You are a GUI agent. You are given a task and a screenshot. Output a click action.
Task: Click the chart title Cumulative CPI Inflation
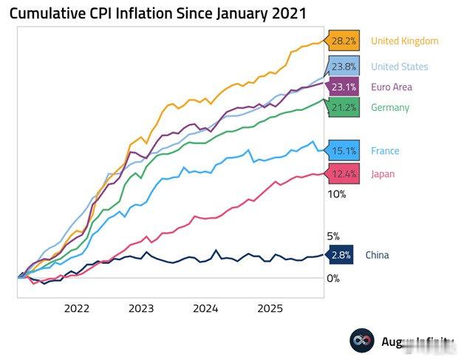click(x=157, y=14)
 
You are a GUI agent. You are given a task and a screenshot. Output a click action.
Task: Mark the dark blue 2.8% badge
click(x=340, y=255)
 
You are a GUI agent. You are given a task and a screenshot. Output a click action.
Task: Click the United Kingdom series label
click(x=404, y=41)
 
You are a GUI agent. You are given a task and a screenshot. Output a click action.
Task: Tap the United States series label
click(x=399, y=67)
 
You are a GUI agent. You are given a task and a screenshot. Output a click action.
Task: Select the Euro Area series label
click(x=392, y=86)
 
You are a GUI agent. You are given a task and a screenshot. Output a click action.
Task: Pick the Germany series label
click(x=390, y=107)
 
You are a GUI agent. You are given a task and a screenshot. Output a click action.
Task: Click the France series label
click(x=385, y=151)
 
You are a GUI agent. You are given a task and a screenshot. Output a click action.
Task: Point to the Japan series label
click(x=383, y=174)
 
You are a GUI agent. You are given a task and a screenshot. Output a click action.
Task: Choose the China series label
click(x=377, y=255)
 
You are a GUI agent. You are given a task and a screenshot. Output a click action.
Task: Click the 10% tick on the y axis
click(x=336, y=194)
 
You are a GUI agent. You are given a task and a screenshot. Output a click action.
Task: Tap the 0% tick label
click(x=333, y=278)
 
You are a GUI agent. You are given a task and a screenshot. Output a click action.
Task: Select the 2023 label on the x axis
click(x=141, y=308)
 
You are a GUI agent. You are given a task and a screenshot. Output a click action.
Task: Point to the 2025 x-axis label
click(x=270, y=308)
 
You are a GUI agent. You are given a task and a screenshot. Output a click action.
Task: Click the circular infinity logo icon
click(x=362, y=341)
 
